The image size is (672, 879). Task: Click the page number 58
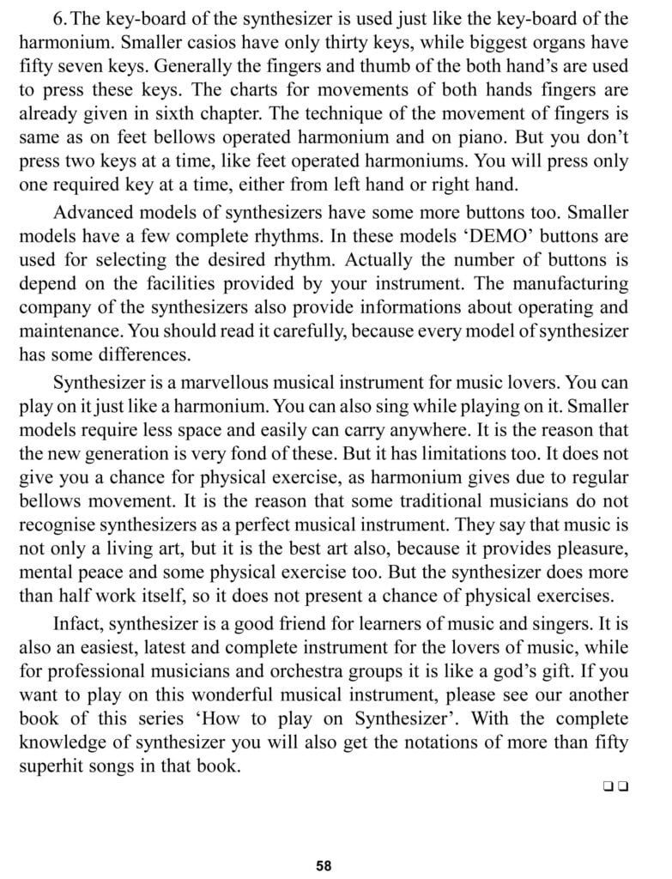point(324,865)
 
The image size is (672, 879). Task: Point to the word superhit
point(52,742)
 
